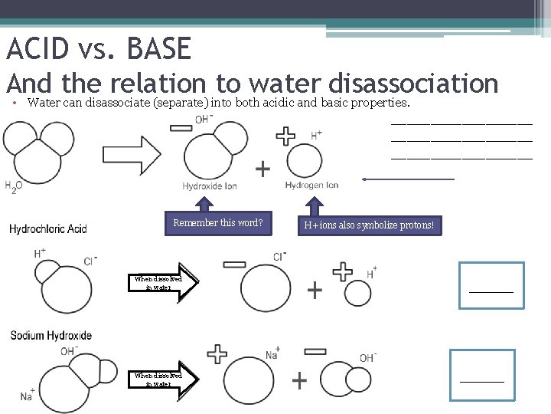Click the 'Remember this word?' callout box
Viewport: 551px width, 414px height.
pos(218,224)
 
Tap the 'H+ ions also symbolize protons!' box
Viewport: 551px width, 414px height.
pos(370,225)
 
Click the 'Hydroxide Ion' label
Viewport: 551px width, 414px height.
pos(210,186)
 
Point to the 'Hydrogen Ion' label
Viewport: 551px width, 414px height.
pos(311,186)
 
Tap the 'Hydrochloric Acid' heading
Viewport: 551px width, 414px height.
pos(48,228)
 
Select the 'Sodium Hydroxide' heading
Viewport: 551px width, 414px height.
pos(51,335)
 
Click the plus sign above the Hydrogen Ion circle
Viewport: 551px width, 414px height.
pos(286,136)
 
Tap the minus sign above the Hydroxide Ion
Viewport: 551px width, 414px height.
pos(181,127)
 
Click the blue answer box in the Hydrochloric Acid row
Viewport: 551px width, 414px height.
pos(491,285)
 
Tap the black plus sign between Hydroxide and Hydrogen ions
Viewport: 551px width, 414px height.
pos(262,169)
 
